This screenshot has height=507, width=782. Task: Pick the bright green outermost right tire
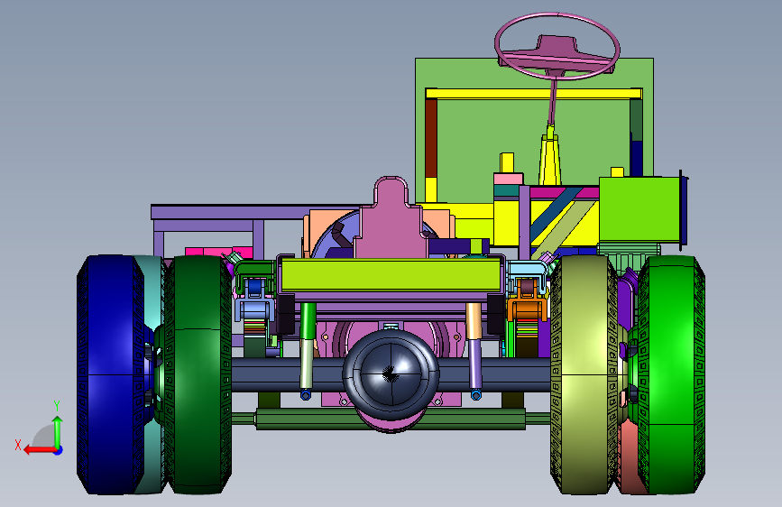coord(671,374)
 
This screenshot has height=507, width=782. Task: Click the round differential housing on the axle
coord(391,373)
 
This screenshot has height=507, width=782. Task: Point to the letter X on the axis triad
coord(18,445)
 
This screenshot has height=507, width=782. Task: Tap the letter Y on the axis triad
coord(57,406)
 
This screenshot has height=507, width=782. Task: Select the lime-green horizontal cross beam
coord(391,274)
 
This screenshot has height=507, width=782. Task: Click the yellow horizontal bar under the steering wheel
coord(534,93)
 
